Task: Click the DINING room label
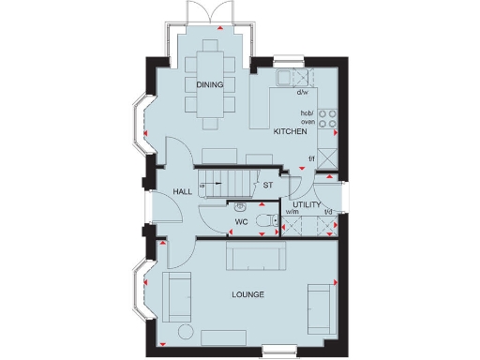point(209,85)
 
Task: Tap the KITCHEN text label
point(289,132)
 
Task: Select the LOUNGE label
point(248,294)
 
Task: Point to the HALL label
point(182,192)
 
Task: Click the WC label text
point(241,223)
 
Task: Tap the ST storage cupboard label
point(267,186)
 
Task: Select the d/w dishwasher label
point(303,93)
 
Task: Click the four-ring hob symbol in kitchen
point(328,118)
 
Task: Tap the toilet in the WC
point(268,220)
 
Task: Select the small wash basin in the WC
point(241,205)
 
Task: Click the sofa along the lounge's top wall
point(254,255)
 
